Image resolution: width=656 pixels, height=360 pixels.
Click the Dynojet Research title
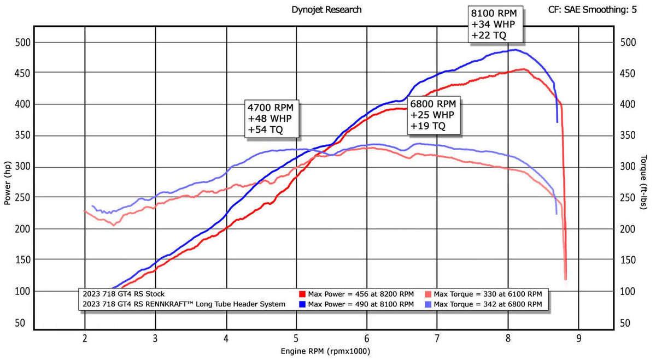pyautogui.click(x=326, y=10)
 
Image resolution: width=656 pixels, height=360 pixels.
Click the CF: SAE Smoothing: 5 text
pyautogui.click(x=592, y=10)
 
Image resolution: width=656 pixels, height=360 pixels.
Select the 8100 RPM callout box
pyautogui.click(x=495, y=24)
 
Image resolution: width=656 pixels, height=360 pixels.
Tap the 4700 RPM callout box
pyautogui.click(x=272, y=119)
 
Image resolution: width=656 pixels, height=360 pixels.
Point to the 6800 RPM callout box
pyautogui.click(x=434, y=115)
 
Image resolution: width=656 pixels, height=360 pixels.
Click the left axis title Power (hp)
pyautogui.click(x=7, y=183)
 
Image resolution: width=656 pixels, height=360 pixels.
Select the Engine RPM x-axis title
pyautogui.click(x=325, y=351)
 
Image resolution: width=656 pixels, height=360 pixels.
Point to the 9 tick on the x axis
pyautogui.click(x=579, y=339)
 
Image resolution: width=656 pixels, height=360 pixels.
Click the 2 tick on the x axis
pyautogui.click(x=85, y=339)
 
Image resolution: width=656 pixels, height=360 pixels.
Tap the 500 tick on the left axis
pyautogui.click(x=22, y=43)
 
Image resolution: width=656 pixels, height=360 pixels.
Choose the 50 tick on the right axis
pyautogui.click(x=625, y=323)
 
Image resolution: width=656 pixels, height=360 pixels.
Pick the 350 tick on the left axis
pyautogui.click(x=22, y=135)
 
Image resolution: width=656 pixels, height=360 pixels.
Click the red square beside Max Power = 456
pyautogui.click(x=302, y=294)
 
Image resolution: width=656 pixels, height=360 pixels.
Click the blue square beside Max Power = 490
pyautogui.click(x=302, y=304)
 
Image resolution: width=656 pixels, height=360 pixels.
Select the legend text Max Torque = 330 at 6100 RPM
pyautogui.click(x=488, y=294)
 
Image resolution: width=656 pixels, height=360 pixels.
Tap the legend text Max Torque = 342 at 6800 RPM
pyautogui.click(x=488, y=304)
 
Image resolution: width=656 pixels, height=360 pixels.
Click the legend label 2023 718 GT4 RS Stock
pyautogui.click(x=124, y=294)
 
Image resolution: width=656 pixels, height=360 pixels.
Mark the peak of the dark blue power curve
pyautogui.click(x=516, y=50)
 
